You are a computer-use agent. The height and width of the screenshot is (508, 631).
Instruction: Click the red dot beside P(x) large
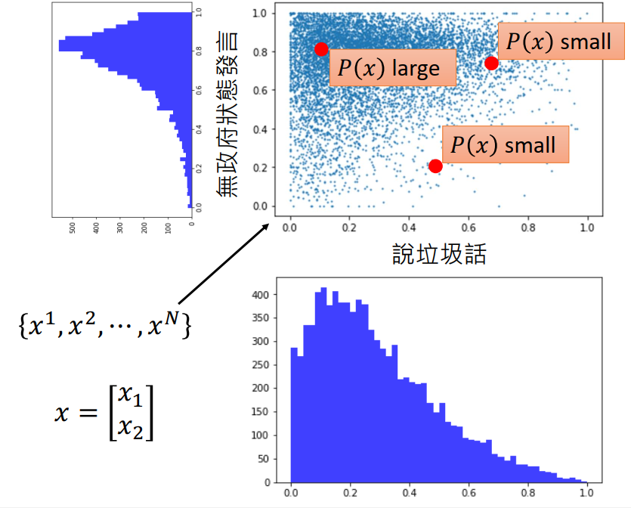tap(321, 49)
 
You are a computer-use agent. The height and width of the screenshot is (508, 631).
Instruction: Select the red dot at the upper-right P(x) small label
tap(491, 63)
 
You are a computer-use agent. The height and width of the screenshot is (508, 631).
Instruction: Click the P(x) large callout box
tap(392, 68)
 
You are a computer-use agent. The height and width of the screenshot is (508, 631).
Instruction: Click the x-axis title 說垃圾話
tap(438, 253)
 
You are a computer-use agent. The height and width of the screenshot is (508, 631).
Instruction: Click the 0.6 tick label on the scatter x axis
tap(469, 225)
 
